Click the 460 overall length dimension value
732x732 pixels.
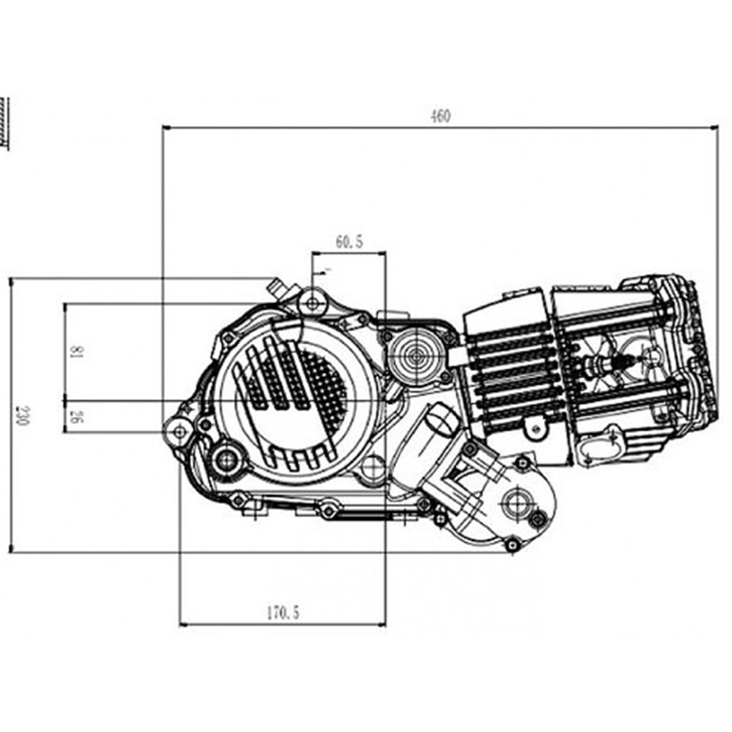tap(441, 115)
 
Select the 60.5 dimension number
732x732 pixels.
tap(349, 241)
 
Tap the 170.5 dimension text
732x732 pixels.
tap(283, 612)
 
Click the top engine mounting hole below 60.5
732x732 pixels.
tap(313, 304)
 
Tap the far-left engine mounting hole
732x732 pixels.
tap(180, 432)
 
